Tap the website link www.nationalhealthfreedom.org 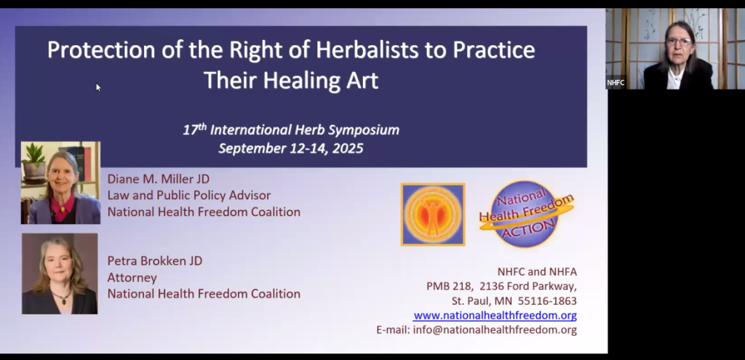(x=495, y=316)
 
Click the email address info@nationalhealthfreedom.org (x=495, y=329)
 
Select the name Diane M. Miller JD (x=158, y=179)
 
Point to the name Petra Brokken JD (x=155, y=261)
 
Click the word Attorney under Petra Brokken (x=132, y=277)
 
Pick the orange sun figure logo (x=433, y=215)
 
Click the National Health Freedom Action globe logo (x=527, y=214)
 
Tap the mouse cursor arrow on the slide (x=98, y=87)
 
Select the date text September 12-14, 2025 (x=291, y=148)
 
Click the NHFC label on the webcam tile (x=615, y=83)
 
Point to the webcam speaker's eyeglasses (x=679, y=41)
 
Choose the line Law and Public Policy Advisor (x=189, y=195)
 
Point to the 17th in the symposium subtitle (x=195, y=129)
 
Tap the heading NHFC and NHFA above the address (x=537, y=272)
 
